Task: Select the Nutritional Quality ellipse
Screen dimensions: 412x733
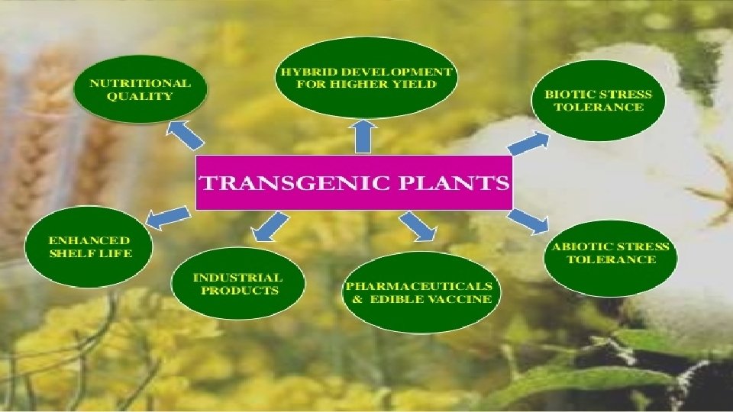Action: [x=140, y=90]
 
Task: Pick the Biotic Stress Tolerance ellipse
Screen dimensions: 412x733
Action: [x=598, y=100]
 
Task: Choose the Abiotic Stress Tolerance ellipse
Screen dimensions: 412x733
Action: [x=611, y=253]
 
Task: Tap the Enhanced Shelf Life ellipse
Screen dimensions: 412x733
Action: [x=89, y=247]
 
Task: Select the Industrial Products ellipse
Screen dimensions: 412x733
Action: [x=237, y=284]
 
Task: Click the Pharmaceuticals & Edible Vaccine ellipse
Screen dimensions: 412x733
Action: [x=418, y=292]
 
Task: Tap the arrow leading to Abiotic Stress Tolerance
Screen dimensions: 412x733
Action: [x=529, y=220]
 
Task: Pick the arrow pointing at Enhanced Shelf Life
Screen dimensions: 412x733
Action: [x=167, y=216]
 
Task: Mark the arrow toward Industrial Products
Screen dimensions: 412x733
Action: [x=271, y=226]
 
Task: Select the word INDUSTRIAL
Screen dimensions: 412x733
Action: [x=237, y=278]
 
